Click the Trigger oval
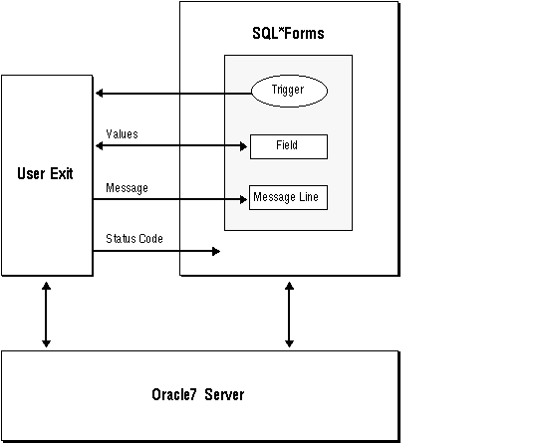pos(288,92)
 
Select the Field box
pos(287,146)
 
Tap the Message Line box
pos(287,197)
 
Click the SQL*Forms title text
pos(288,34)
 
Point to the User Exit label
pos(46,174)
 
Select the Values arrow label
pos(122,133)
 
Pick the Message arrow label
pos(127,187)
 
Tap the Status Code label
pos(134,239)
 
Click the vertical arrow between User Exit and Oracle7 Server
pos(46,313)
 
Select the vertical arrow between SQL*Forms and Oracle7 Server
pos(289,313)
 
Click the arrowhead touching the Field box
pos(242,146)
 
